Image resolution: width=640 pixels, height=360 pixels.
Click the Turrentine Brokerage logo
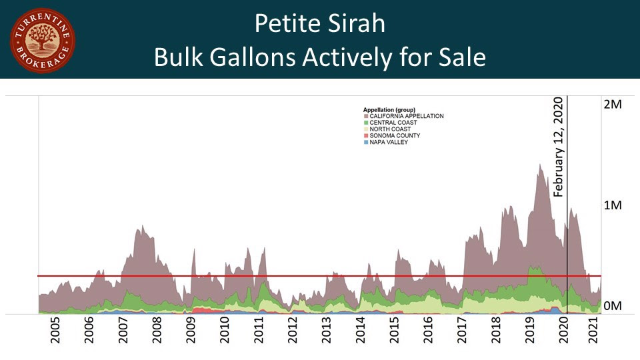43,41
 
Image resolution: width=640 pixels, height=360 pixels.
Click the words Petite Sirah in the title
320,25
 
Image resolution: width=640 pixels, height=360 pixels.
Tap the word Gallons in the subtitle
254,57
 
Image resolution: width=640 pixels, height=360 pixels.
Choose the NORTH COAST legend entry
389,129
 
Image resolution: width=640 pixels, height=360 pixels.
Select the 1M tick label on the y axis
611,205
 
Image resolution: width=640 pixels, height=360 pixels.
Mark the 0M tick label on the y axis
611,306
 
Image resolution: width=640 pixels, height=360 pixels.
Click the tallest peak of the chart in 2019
539,165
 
